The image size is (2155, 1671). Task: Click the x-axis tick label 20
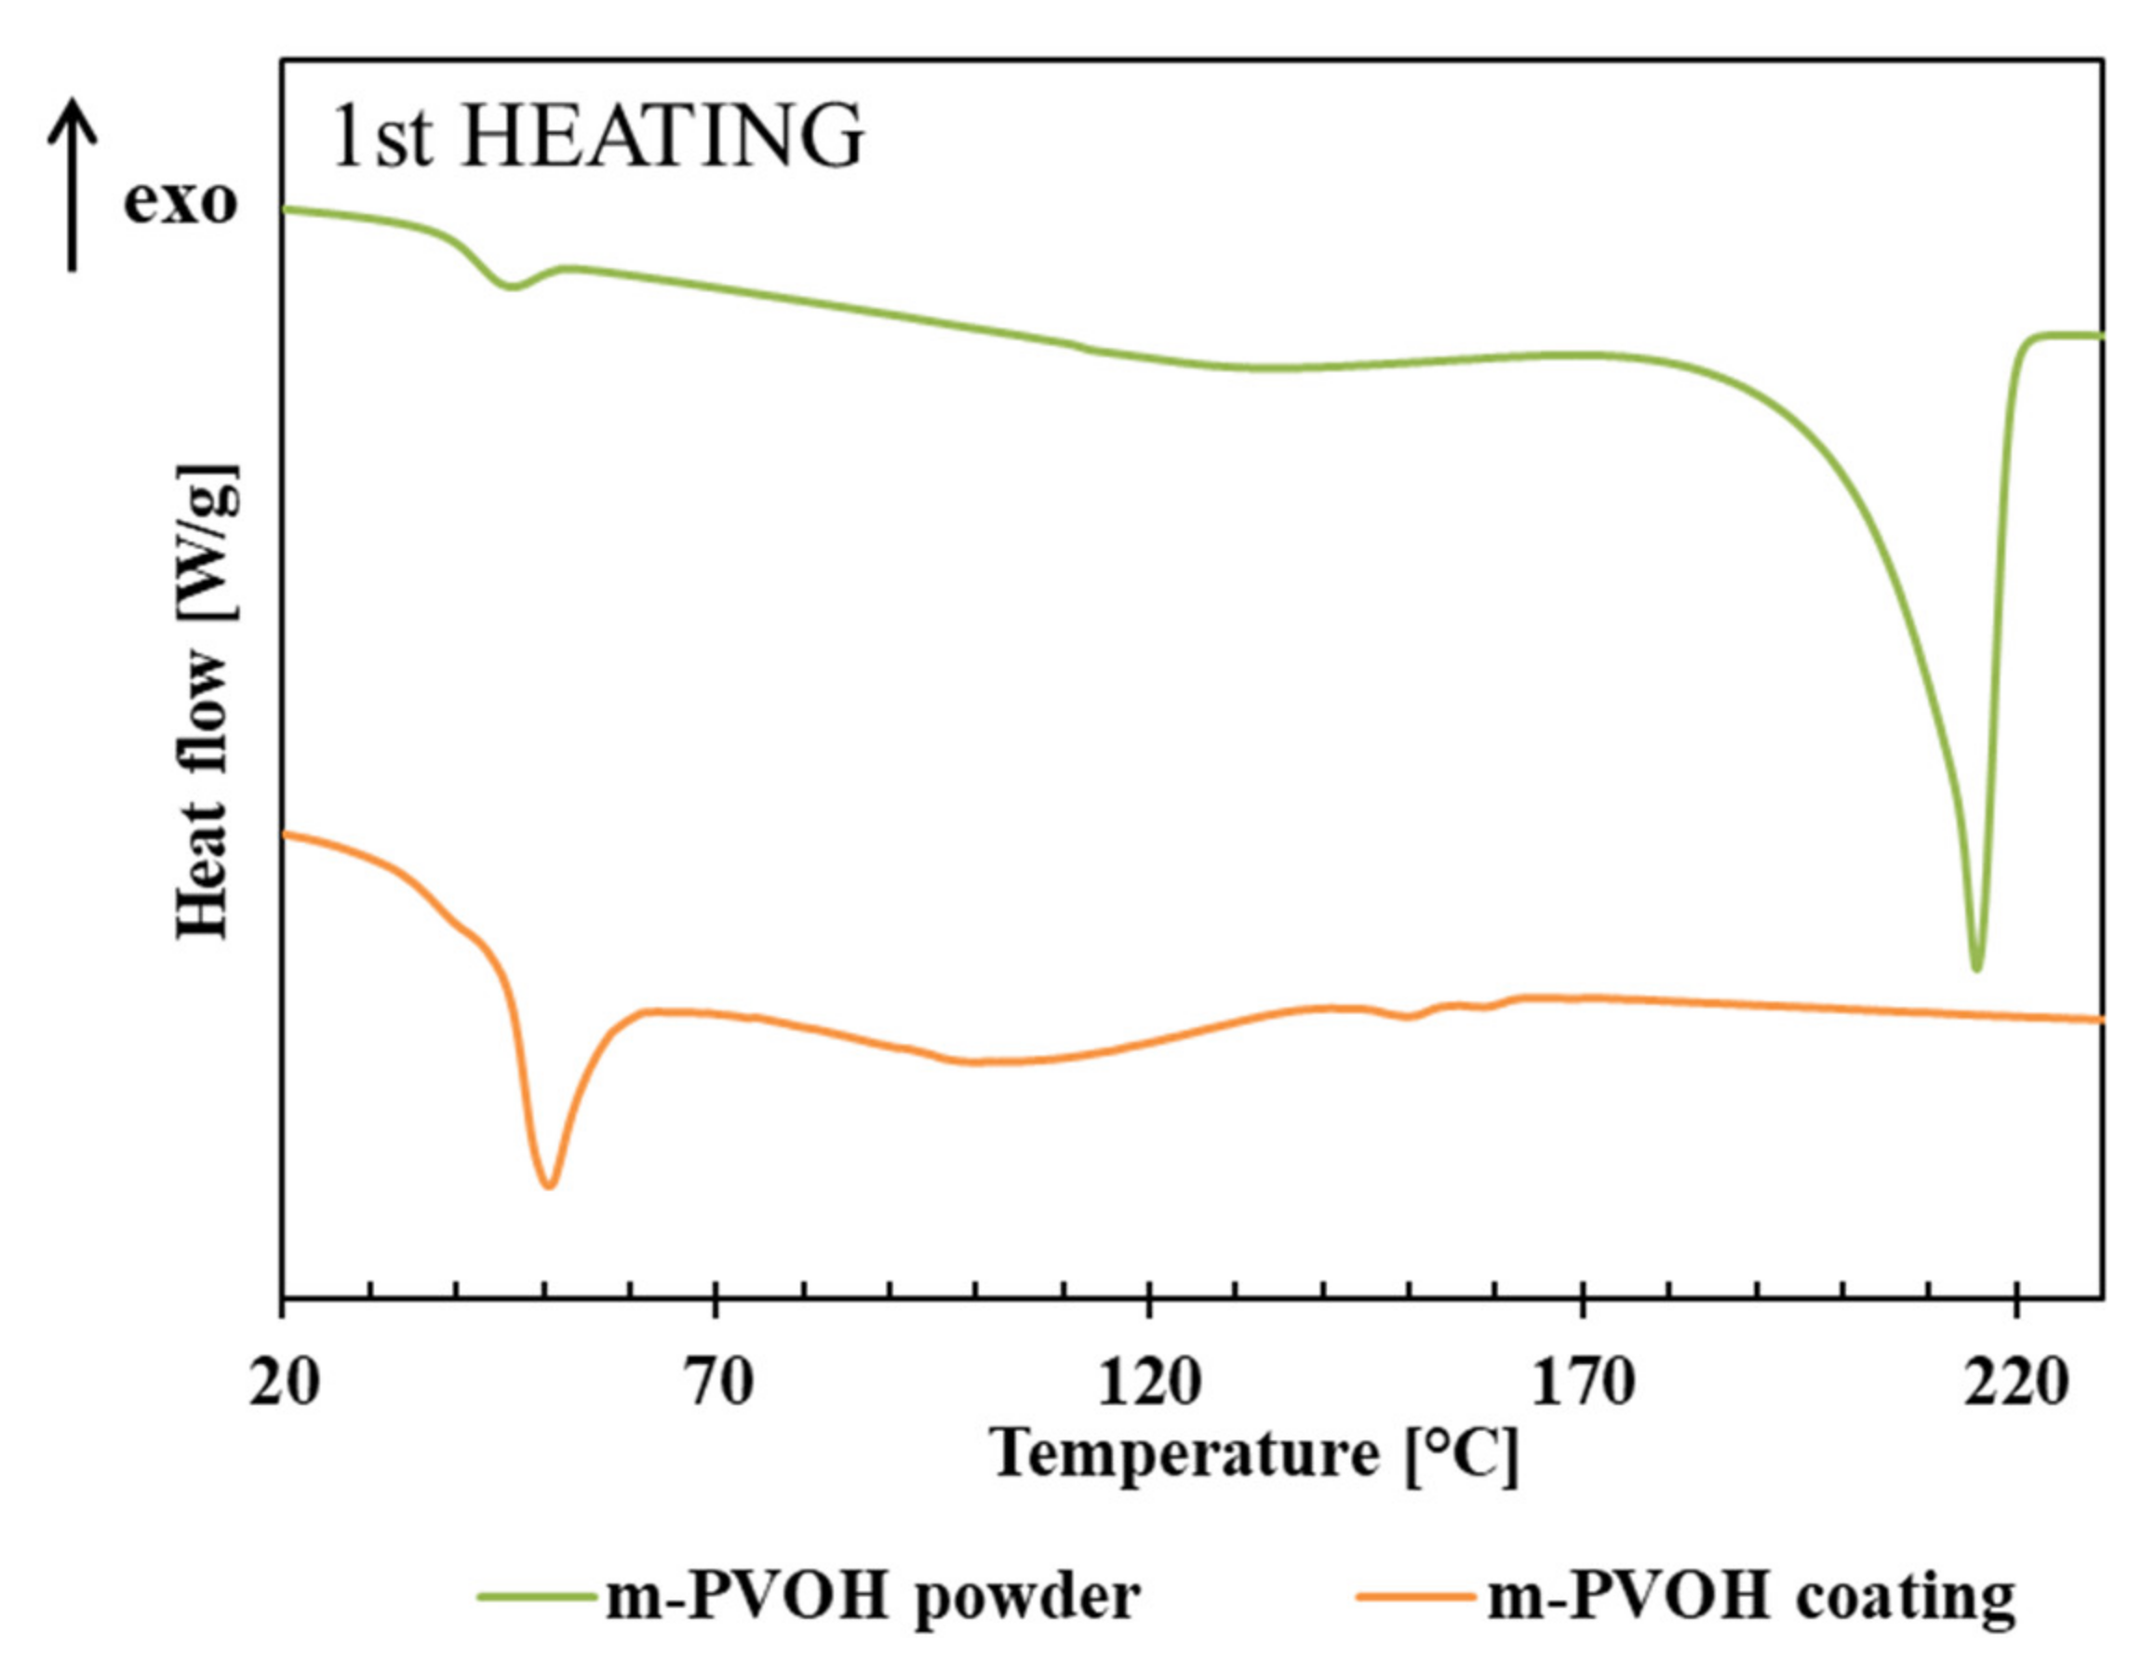click(x=284, y=1383)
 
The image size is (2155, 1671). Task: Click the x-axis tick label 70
click(x=718, y=1383)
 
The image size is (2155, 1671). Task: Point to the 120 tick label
click(x=1149, y=1383)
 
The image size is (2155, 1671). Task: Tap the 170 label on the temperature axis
click(x=1583, y=1383)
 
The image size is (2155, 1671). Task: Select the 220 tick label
click(x=2014, y=1383)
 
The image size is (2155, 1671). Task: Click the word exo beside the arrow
click(x=181, y=201)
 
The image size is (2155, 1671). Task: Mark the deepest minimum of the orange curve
click(x=550, y=1184)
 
